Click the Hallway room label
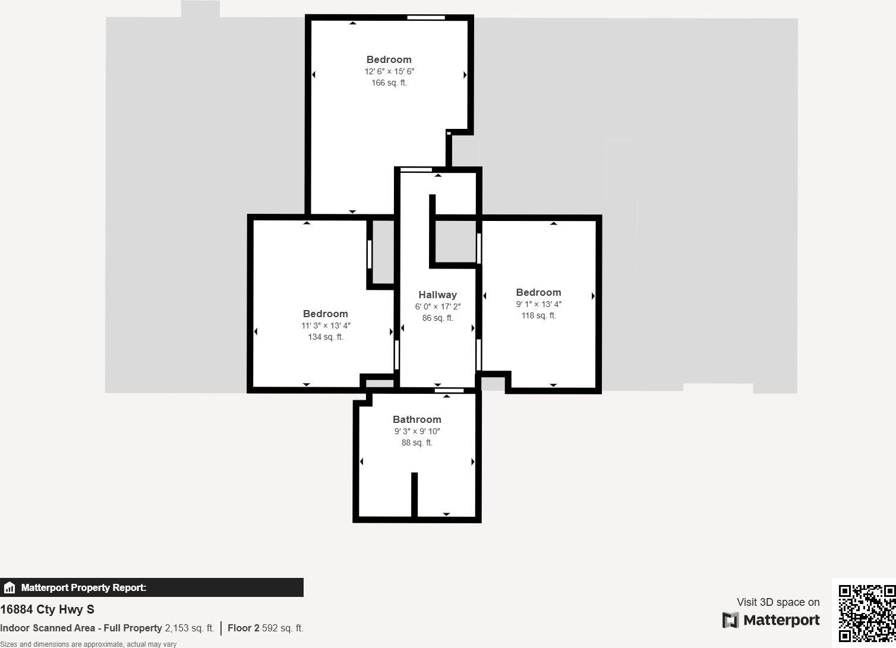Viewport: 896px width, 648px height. click(437, 295)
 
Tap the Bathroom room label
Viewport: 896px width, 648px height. click(417, 419)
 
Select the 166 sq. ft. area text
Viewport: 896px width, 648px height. click(389, 83)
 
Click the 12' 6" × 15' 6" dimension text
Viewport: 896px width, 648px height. click(389, 71)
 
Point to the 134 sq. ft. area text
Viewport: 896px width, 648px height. click(325, 337)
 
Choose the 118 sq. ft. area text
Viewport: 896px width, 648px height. click(538, 315)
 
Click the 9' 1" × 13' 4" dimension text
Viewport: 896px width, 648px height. click(538, 304)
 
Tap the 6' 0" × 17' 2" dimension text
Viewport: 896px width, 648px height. click(437, 306)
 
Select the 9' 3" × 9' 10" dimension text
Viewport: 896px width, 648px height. click(417, 431)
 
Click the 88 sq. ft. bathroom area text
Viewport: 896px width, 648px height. click(417, 442)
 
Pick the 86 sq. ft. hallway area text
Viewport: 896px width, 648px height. click(437, 318)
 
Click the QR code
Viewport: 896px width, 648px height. click(866, 614)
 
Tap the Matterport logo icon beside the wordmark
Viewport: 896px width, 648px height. click(730, 620)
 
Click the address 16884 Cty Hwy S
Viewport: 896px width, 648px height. click(47, 609)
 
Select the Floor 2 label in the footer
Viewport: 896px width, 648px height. click(243, 628)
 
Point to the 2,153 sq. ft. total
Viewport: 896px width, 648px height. click(189, 628)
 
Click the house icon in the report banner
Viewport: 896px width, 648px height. click(9, 587)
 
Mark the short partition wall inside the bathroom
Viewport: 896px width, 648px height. click(414, 494)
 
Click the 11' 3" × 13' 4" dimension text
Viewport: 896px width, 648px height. click(325, 325)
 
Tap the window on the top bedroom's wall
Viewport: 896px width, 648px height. click(425, 18)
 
